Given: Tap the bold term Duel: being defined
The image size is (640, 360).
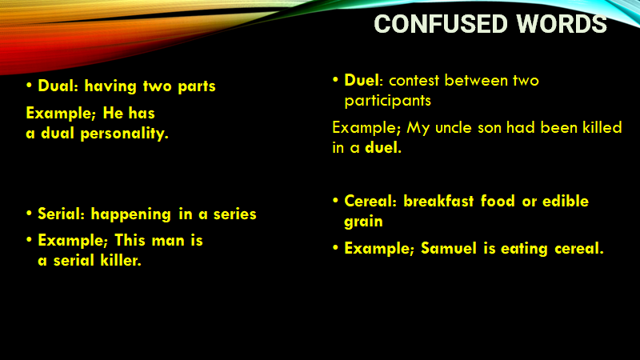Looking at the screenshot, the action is point(364,80).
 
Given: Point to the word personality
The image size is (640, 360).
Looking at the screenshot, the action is point(125,134).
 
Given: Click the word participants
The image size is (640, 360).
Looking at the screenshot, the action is point(388,101).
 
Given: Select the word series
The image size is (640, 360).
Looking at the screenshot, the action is point(235,214).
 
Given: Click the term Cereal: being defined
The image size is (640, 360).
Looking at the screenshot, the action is point(370,201).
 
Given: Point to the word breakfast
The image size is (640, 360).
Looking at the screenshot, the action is point(438,201).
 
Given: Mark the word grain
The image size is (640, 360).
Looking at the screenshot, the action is point(364,222).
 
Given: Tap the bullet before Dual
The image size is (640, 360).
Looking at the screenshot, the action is point(29,86).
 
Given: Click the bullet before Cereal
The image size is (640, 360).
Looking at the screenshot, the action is point(335,201).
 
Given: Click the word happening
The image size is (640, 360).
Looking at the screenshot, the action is point(130,214).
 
